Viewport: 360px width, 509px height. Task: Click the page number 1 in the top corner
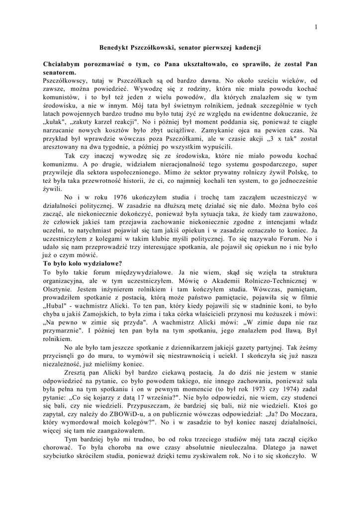point(316,26)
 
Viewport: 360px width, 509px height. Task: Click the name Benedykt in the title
point(115,47)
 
